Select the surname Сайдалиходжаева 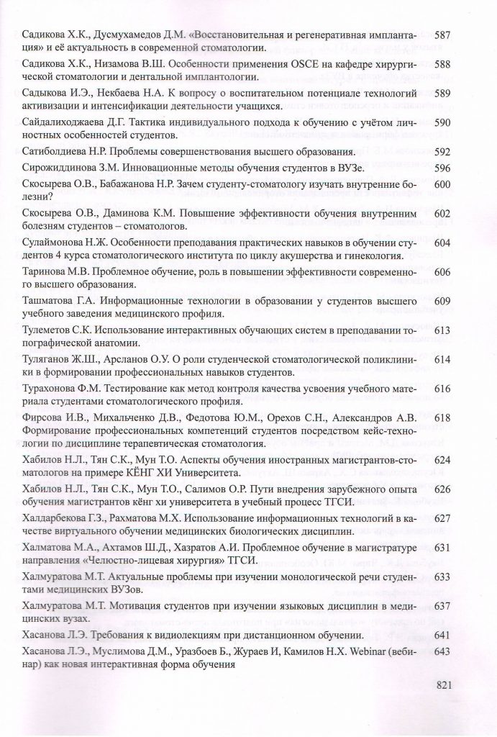click(68, 123)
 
